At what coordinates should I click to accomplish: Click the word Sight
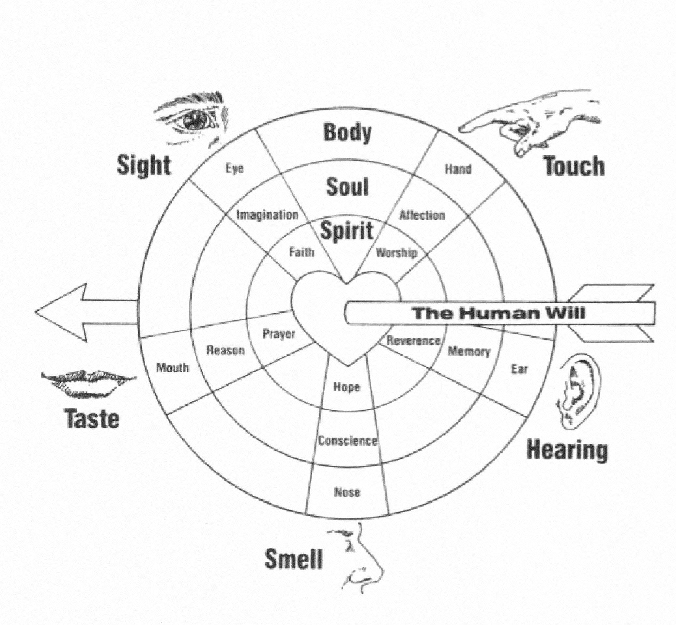coord(144,165)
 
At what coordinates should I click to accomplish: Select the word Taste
coord(91,418)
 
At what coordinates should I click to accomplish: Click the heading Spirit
coord(346,231)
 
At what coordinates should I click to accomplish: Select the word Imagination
coord(267,215)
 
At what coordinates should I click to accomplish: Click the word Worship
coord(396,253)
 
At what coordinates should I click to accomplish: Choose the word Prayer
coord(279,334)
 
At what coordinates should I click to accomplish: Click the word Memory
coord(469,352)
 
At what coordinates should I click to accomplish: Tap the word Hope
coord(346,387)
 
